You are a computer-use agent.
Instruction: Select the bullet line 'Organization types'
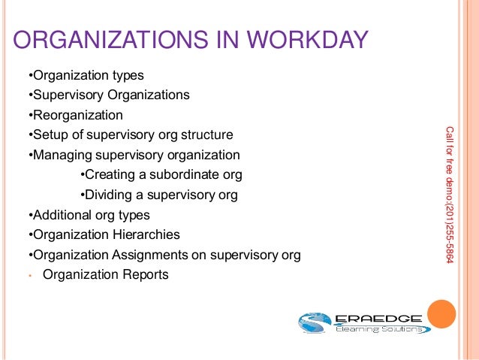(x=86, y=76)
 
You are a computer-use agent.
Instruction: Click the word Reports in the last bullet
(x=146, y=274)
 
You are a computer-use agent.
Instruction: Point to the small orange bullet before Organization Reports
(x=28, y=275)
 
